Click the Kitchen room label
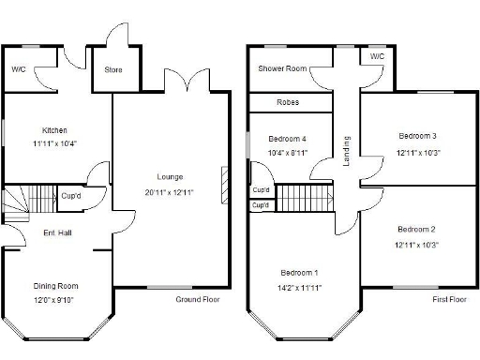click(54, 130)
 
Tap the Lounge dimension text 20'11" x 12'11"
click(169, 192)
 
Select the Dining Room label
click(56, 286)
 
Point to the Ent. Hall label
click(58, 232)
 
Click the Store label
click(113, 69)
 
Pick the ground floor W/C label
click(19, 69)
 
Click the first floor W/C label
click(377, 57)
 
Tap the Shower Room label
click(283, 68)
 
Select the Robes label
click(288, 102)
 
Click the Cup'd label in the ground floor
click(71, 196)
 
